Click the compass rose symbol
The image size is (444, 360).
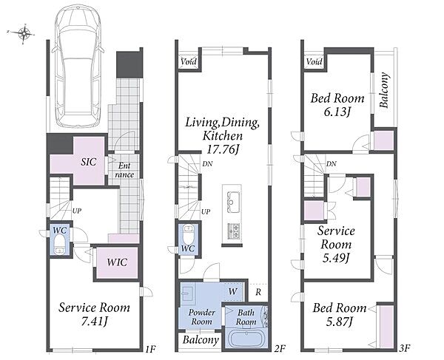(x=25, y=33)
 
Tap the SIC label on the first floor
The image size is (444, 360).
(x=89, y=162)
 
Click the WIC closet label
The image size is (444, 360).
(x=117, y=262)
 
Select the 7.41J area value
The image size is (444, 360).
(x=94, y=322)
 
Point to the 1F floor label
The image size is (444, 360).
(x=151, y=349)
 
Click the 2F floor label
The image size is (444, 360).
(x=280, y=349)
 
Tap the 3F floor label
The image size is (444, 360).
(x=406, y=348)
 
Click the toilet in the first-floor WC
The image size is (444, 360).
(x=60, y=245)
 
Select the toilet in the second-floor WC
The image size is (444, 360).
(x=188, y=234)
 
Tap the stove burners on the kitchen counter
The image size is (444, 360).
(x=234, y=231)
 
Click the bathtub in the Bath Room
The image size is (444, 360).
(x=246, y=339)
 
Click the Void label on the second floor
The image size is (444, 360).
(x=189, y=61)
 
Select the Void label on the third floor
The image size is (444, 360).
(x=314, y=61)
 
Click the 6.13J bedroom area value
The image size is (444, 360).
(x=337, y=112)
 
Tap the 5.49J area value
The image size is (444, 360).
(x=336, y=258)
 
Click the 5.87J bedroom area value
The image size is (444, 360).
(x=339, y=322)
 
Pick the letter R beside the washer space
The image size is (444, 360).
(x=258, y=292)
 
